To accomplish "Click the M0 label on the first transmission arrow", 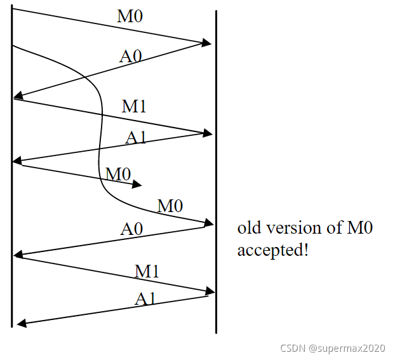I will (130, 17).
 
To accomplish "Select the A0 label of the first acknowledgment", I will (131, 56).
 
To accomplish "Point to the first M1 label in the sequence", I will (134, 106).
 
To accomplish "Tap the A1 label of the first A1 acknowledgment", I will (136, 137).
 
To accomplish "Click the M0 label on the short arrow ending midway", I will (119, 173).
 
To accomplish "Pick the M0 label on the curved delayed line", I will (170, 206).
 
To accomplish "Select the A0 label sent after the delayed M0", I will (131, 229).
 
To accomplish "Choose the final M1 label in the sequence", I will (147, 272).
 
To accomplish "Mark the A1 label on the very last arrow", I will (145, 298).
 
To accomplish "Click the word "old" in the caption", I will (248, 229).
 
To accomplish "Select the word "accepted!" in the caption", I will (273, 250).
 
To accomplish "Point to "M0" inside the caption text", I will (359, 229).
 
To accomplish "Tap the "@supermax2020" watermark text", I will (347, 348).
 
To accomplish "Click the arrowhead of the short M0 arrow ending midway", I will (137, 185).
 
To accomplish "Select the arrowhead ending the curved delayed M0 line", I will (209, 222).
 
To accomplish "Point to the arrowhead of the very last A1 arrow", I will (21, 324).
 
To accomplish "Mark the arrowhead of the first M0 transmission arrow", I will (207, 43).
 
